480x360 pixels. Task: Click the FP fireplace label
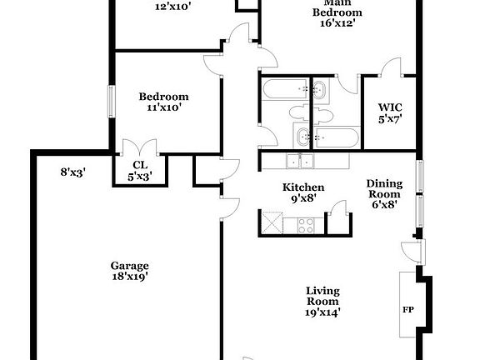pos(408,309)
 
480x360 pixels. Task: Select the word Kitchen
pos(303,187)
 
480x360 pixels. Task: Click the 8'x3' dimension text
pos(72,172)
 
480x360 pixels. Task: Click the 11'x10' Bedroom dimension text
pos(163,107)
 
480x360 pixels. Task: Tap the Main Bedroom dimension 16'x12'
pos(337,23)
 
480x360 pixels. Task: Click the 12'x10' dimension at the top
pos(173,7)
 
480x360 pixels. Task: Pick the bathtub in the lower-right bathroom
pos(337,135)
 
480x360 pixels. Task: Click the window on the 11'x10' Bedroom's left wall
pos(109,102)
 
